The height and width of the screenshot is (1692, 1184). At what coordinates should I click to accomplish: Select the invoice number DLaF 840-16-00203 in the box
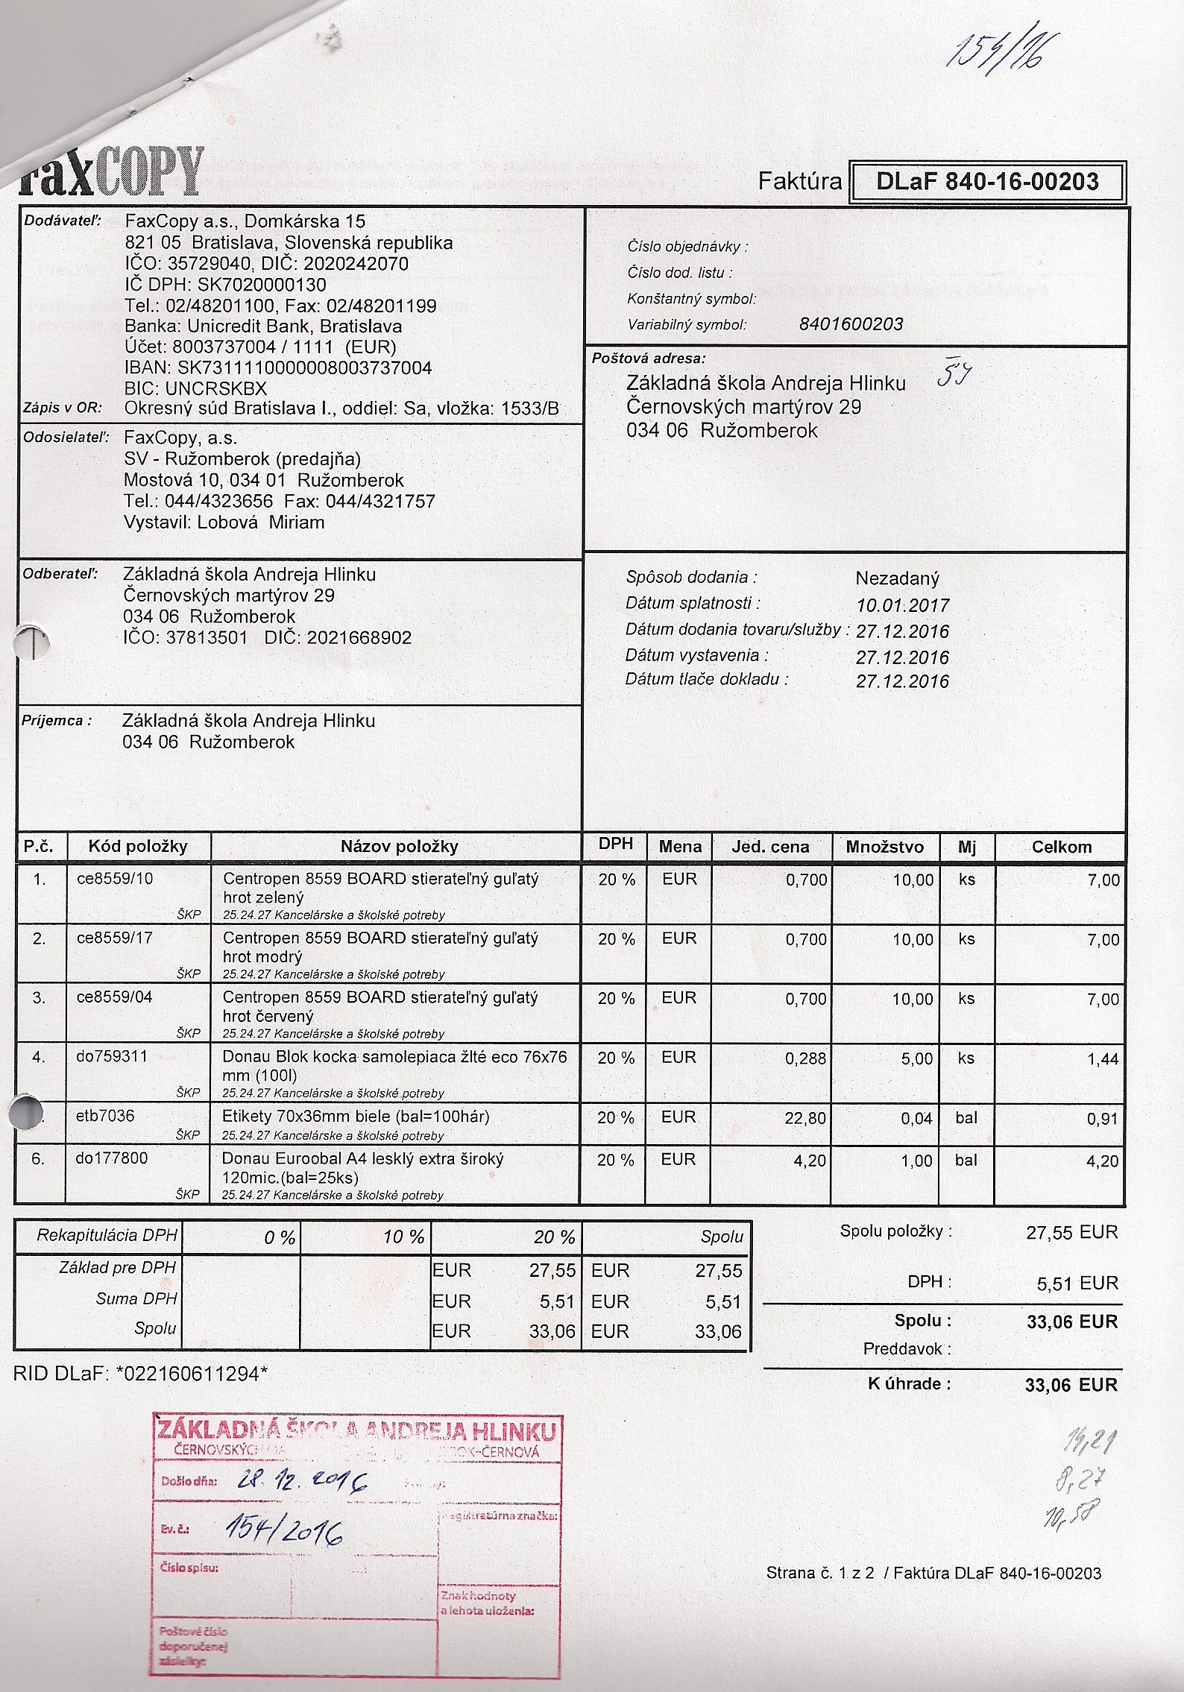click(987, 182)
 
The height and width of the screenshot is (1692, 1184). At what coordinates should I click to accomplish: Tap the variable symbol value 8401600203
click(850, 324)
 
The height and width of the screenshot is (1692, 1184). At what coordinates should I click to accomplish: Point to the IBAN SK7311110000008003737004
click(304, 367)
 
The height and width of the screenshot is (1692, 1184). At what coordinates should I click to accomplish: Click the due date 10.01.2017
click(902, 605)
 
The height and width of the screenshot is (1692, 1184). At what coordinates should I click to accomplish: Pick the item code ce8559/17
click(115, 938)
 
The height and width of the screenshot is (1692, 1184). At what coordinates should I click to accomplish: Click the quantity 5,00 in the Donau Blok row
click(916, 1058)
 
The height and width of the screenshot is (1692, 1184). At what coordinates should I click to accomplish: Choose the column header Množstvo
click(884, 847)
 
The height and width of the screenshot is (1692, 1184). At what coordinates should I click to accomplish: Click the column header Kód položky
click(138, 846)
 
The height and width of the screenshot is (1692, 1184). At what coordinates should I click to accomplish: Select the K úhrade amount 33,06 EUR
click(1071, 1385)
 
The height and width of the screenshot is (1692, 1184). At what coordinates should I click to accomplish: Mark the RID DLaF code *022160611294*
click(192, 1374)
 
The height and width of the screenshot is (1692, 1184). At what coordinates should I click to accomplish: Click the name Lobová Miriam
click(261, 523)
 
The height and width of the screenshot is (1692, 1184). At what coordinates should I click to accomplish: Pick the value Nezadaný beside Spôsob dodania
click(897, 578)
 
